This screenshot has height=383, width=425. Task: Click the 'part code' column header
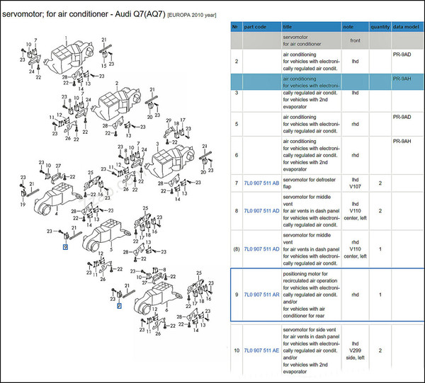click(256, 26)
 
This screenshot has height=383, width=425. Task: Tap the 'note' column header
click(348, 26)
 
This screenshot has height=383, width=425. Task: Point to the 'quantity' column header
click(380, 26)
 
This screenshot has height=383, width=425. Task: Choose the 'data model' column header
click(407, 26)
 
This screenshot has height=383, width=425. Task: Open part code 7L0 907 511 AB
click(261, 183)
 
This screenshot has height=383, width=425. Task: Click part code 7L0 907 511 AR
click(261, 294)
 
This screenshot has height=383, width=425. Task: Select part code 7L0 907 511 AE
click(261, 350)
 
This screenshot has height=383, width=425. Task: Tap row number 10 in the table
click(237, 350)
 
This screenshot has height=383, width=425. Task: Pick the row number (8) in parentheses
click(237, 248)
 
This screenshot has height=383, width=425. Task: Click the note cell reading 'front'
click(355, 40)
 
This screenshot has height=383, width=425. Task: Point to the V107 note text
click(355, 188)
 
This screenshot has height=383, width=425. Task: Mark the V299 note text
click(355, 350)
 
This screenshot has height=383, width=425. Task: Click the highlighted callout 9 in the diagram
click(65, 247)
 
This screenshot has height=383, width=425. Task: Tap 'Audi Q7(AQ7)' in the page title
click(137, 14)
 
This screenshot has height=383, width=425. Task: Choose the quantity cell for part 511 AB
click(380, 183)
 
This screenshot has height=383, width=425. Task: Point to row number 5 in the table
click(236, 123)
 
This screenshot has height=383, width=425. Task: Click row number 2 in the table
click(236, 61)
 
